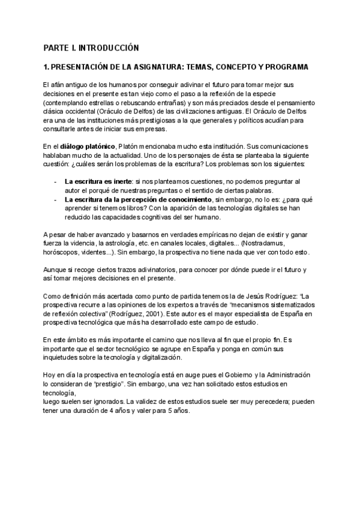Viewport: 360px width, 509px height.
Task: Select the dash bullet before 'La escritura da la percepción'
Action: tap(56, 199)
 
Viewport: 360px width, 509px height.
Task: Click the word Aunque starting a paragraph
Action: tap(56, 270)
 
